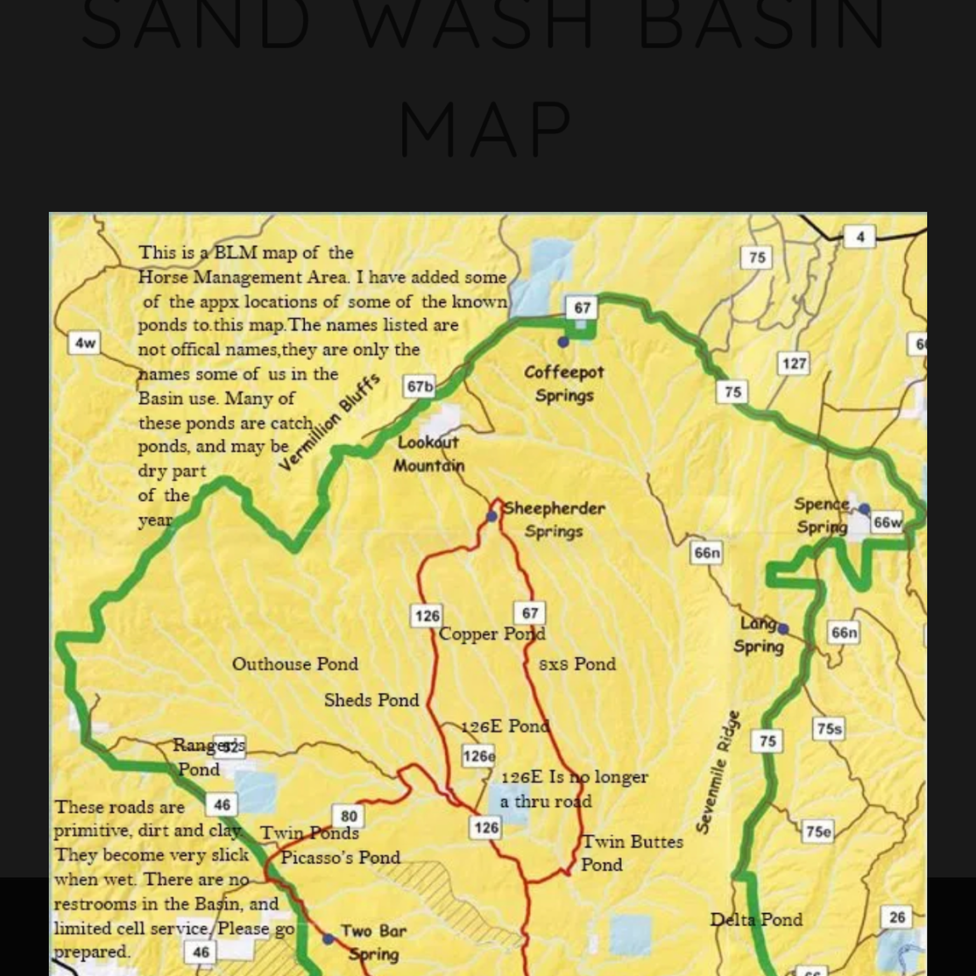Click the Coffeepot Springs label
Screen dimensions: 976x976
click(564, 384)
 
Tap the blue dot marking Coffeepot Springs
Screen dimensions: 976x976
click(563, 342)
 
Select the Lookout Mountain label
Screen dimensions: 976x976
click(428, 454)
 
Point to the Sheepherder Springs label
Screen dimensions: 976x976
click(554, 520)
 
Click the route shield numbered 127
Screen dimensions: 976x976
click(793, 364)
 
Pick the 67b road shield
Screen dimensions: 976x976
click(420, 386)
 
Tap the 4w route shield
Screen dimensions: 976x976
click(85, 343)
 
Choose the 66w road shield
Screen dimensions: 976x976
click(887, 522)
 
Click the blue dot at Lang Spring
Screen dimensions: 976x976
click(783, 629)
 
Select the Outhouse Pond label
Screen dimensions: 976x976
click(295, 664)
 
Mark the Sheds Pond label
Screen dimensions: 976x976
click(371, 700)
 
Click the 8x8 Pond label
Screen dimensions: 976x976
click(577, 664)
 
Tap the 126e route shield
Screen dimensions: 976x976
click(478, 755)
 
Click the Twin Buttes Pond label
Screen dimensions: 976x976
click(632, 852)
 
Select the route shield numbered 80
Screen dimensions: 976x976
click(349, 817)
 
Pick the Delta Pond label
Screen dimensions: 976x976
click(756, 919)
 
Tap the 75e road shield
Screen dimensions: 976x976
click(817, 831)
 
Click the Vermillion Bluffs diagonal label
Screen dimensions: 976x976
click(330, 421)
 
